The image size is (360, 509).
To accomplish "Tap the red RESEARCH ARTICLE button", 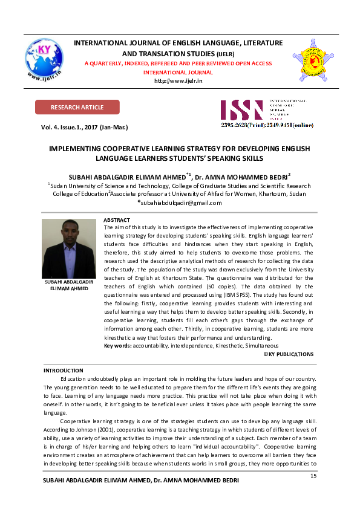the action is (77, 108).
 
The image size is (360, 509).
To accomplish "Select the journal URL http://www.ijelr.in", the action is (178, 80).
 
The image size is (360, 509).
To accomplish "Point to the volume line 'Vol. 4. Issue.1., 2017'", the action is (84, 128).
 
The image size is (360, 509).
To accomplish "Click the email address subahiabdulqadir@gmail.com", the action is (180, 203).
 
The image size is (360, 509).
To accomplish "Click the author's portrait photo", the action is (68, 248).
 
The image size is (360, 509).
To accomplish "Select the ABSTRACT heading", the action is (117, 220).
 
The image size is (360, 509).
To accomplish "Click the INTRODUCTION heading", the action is (64, 370).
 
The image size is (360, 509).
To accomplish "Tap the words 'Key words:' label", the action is (117, 345).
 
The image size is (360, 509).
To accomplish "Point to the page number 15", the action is (313, 476).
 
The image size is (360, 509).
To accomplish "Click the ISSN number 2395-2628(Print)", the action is (243, 125).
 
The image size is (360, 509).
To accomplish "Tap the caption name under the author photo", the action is (68, 285).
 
